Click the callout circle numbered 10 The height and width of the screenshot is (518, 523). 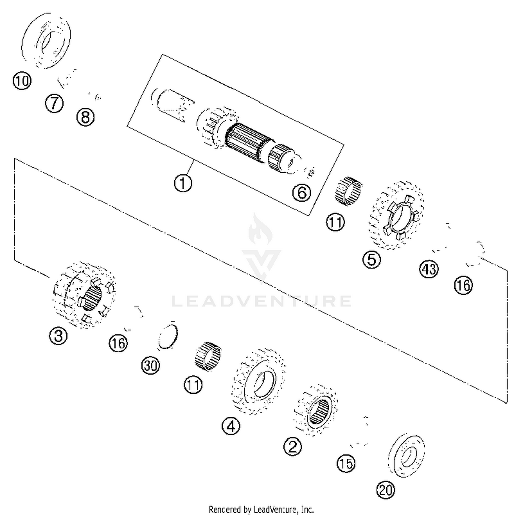pos(22,81)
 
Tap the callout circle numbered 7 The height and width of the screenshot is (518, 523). pos(54,104)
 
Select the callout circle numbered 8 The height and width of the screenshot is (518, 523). pos(85,117)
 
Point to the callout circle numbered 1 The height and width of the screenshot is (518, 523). pos(183,183)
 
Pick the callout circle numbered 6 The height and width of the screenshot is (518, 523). pos(302,193)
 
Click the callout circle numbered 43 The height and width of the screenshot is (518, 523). pos(429,269)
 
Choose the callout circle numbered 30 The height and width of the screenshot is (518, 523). pos(151,366)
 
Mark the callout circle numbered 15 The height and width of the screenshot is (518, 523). pos(346,464)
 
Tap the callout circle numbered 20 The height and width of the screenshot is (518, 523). pos(386,490)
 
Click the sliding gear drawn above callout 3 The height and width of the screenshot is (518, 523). pos(84,295)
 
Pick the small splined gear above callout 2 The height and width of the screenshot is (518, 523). pos(316,410)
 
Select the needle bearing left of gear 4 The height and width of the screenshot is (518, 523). pos(208,356)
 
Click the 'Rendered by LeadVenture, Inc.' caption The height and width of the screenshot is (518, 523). pos(261,510)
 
